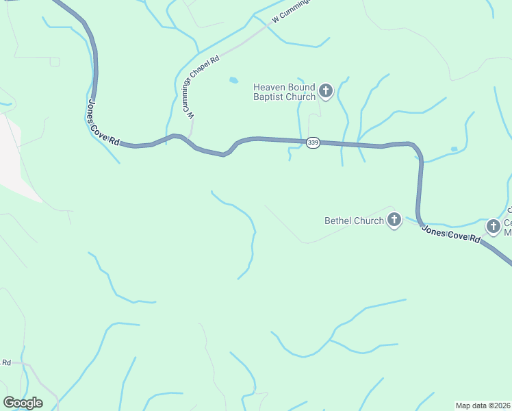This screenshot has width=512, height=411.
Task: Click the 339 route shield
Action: (x=313, y=142)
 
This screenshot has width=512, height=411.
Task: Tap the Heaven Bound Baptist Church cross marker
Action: (x=326, y=90)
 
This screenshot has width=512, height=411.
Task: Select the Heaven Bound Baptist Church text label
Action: (x=284, y=92)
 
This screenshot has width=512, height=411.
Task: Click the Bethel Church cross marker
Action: (x=394, y=221)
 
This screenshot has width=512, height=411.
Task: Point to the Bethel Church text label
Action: (x=354, y=221)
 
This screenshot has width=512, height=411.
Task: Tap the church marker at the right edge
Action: (x=493, y=226)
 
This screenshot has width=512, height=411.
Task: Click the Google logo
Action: (x=23, y=403)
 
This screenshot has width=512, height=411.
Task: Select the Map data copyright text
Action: (x=483, y=406)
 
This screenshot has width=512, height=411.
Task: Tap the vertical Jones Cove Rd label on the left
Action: (x=103, y=122)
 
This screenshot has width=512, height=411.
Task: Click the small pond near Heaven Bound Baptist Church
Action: (x=233, y=80)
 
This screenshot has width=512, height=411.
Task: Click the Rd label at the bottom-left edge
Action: (x=7, y=362)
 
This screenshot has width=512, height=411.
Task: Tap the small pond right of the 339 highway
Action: (x=454, y=149)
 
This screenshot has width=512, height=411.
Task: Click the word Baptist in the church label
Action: (x=270, y=97)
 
